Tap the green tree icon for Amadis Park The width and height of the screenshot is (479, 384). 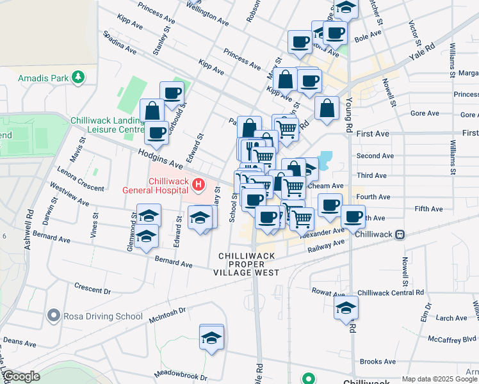[x=78, y=77]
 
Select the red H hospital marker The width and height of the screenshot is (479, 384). [x=199, y=186]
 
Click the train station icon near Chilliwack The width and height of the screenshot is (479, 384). [x=400, y=234]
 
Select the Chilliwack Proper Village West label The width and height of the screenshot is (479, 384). [x=247, y=264]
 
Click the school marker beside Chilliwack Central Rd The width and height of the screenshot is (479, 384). [x=346, y=308]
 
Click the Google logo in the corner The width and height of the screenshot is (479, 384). [x=21, y=376]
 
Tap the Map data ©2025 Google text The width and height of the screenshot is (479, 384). [x=439, y=379]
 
